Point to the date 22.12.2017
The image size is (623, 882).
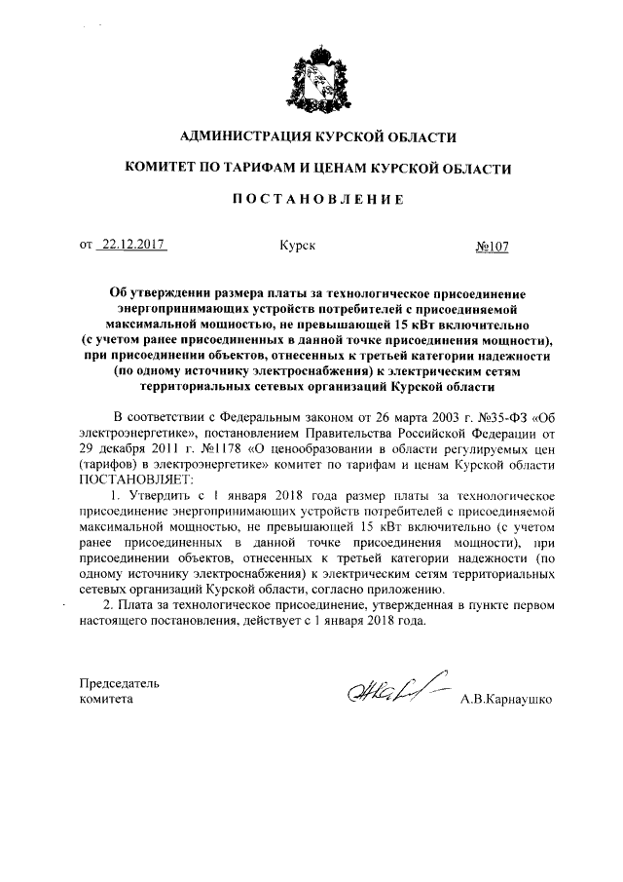click(x=133, y=247)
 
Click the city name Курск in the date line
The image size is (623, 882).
click(x=298, y=247)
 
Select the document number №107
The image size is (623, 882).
click(x=494, y=247)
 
